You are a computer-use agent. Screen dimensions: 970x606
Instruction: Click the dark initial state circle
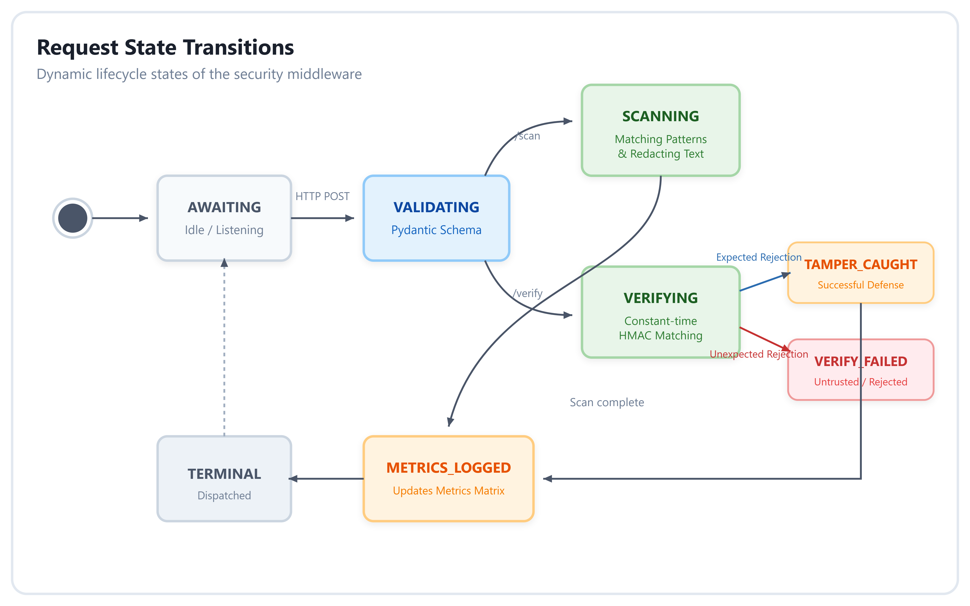(73, 218)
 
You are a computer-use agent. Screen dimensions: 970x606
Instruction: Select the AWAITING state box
(224, 218)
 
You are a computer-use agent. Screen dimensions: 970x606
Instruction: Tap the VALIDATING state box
(436, 218)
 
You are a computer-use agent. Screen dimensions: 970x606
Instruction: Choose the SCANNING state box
(660, 130)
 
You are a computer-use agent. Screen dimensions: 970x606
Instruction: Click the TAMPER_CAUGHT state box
(861, 273)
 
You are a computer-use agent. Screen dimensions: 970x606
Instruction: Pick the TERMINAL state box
(224, 479)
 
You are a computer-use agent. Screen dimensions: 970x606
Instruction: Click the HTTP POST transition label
(322, 196)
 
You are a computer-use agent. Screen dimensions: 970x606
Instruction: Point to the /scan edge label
(528, 136)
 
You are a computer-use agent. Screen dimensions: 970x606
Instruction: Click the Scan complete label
(607, 402)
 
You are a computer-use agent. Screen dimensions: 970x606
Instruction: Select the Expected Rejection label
(759, 257)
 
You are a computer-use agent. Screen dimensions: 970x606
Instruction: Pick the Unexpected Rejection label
(759, 354)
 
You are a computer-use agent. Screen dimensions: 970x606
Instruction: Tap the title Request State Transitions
(165, 47)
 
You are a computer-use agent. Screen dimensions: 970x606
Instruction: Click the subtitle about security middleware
(199, 74)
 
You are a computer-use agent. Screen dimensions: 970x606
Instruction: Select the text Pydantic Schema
(436, 230)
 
